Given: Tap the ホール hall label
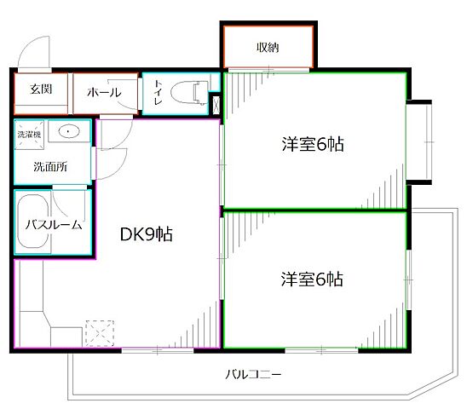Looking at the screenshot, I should pos(103,93).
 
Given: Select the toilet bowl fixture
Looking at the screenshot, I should pos(187,91).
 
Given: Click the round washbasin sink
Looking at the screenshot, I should pos(68,133).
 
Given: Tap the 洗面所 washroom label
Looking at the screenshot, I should pos(50,167).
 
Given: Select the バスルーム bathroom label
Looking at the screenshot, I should pos(53,225).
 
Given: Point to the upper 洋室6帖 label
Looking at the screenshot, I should pos(313,144).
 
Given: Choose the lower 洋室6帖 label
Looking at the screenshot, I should pos(313,279).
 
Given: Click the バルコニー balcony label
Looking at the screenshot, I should pos(253,374).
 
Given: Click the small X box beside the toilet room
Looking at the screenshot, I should pos(214,106).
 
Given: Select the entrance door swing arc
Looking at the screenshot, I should pos(34,53).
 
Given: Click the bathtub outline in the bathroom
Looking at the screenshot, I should pos(34,223).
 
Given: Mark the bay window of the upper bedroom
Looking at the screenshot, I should pos(419,143).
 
